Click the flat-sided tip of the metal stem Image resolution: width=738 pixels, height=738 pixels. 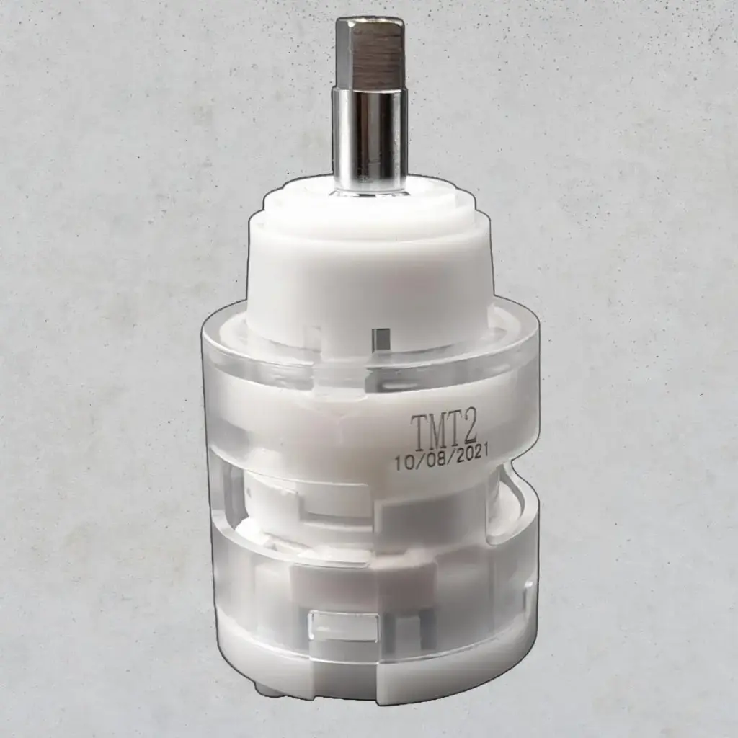click(x=370, y=50)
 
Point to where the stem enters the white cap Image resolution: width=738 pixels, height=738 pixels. click(x=370, y=189)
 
